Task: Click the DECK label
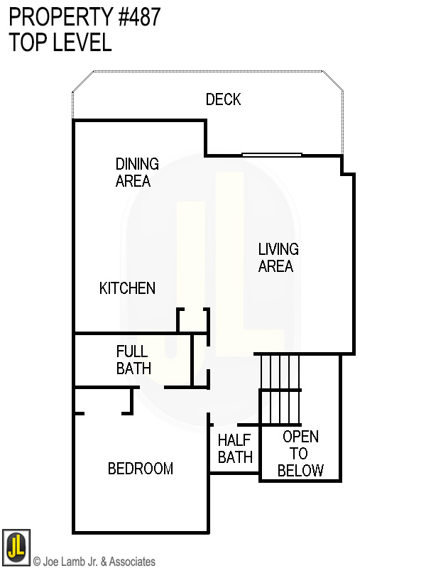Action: coord(223,99)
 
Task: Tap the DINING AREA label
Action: coord(136,173)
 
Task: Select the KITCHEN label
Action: coord(127,288)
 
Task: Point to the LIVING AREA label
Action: coord(278,258)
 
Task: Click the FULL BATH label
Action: coord(133,359)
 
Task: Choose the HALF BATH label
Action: coord(235,449)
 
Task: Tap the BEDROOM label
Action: coord(141,469)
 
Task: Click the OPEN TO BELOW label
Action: coord(300,453)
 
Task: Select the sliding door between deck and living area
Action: coord(272,154)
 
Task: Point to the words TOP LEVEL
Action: coord(60,43)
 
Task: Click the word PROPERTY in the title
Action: coord(54,17)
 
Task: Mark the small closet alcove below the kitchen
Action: coord(193,320)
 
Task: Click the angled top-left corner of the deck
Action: coord(83,81)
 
